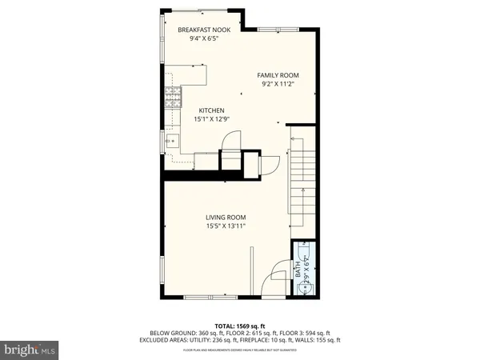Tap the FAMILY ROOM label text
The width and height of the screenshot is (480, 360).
click(x=278, y=74)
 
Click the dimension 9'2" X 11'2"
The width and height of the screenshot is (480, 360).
click(x=278, y=83)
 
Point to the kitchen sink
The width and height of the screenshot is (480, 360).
click(x=171, y=142)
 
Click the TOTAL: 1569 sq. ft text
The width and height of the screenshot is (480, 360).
click(x=239, y=326)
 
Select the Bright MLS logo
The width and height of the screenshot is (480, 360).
click(x=30, y=350)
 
